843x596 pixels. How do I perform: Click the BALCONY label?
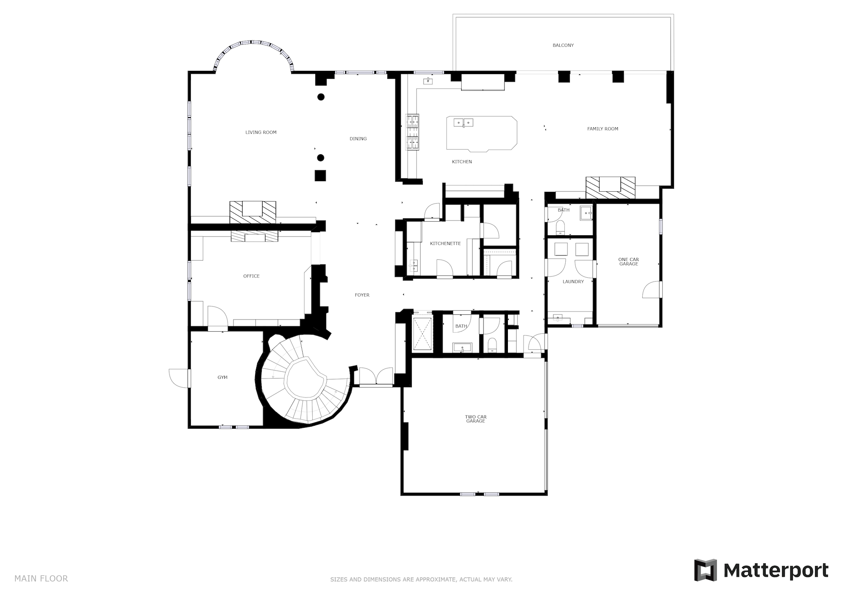tap(563, 46)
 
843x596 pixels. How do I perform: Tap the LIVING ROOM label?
tap(261, 132)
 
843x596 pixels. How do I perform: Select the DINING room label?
tap(358, 139)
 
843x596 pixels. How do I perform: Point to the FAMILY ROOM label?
tap(603, 129)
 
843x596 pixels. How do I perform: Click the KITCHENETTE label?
tap(445, 244)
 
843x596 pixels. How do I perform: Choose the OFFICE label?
tap(251, 276)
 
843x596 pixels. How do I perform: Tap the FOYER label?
tap(362, 295)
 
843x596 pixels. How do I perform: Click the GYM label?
tap(223, 377)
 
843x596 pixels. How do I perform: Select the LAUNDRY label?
tap(573, 282)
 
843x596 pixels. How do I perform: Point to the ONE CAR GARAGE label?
tap(628, 262)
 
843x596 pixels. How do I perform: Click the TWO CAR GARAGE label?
tap(476, 419)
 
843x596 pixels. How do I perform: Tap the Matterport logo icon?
tap(706, 570)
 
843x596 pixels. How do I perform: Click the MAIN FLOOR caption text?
tap(41, 578)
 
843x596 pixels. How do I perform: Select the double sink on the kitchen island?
tap(463, 123)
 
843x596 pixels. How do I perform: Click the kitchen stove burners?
tap(412, 132)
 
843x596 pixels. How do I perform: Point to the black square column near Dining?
tap(320, 175)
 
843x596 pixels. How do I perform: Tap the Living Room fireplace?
tap(252, 212)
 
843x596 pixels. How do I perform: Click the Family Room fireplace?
tap(610, 188)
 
